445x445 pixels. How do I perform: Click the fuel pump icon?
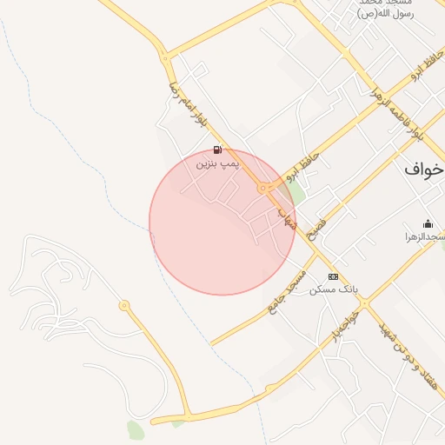point(216,149)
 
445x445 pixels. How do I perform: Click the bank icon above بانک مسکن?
point(333,276)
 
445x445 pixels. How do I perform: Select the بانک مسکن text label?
point(335,289)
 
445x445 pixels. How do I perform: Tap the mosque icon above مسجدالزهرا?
point(428,223)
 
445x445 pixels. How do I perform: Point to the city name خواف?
point(424,169)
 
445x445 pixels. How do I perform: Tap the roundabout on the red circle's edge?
point(262,188)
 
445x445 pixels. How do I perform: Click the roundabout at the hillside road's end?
point(124,305)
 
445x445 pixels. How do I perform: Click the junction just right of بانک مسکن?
point(364,303)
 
